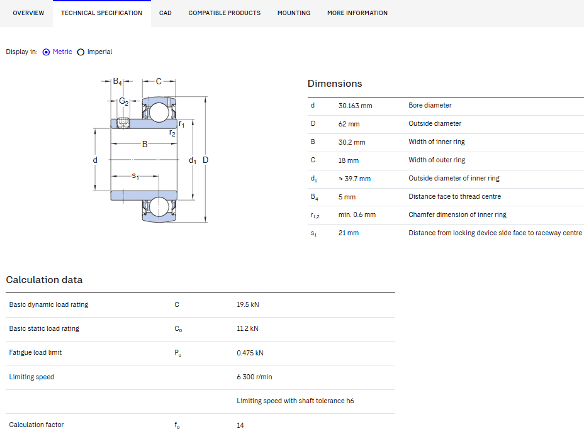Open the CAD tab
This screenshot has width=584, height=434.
pyautogui.click(x=166, y=13)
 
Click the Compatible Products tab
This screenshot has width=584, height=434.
pyautogui.click(x=224, y=13)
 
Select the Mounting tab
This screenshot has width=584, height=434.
pyautogui.click(x=294, y=13)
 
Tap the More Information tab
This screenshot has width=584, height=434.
pyautogui.click(x=357, y=13)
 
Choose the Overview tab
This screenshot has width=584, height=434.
pyautogui.click(x=28, y=13)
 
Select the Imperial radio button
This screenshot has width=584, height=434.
pyautogui.click(x=81, y=52)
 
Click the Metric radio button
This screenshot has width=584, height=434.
pyautogui.click(x=46, y=52)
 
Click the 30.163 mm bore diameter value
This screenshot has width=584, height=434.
pyautogui.click(x=356, y=106)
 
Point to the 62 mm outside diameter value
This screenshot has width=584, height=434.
pyautogui.click(x=349, y=124)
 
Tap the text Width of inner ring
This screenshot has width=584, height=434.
pyautogui.click(x=437, y=142)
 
